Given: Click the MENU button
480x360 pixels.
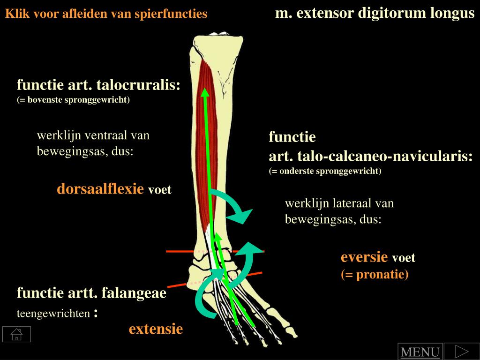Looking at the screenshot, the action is pyautogui.click(x=420, y=352).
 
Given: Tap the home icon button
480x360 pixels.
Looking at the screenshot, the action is pyautogui.click(x=16, y=334).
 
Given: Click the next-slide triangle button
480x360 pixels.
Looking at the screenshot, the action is pyautogui.click(x=462, y=351).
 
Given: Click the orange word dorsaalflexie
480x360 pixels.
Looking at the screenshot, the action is pyautogui.click(x=100, y=189).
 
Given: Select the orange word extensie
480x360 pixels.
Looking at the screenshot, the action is pyautogui.click(x=156, y=329).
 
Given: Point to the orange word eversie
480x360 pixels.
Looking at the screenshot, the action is pyautogui.click(x=364, y=257).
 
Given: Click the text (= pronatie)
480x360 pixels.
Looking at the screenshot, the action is pyautogui.click(x=375, y=274).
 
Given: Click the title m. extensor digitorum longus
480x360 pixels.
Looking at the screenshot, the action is pyautogui.click(x=375, y=13).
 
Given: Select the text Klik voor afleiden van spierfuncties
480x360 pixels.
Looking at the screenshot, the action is pyautogui.click(x=106, y=14).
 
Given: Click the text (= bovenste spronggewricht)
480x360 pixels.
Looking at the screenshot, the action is pyautogui.click(x=73, y=100).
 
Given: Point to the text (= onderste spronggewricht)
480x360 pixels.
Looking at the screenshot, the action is pyautogui.click(x=325, y=171).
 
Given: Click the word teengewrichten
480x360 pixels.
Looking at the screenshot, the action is pyautogui.click(x=53, y=314).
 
